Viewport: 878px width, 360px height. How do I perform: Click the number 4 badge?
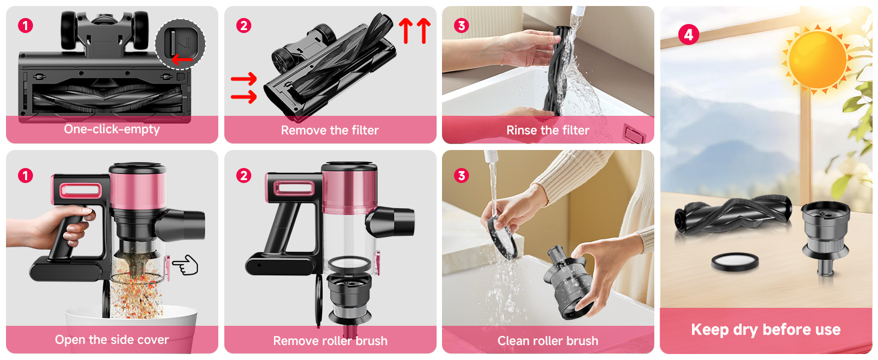tap(688, 35)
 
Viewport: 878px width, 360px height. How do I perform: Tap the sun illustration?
tap(817, 59)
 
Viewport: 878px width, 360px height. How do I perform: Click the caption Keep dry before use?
tap(765, 329)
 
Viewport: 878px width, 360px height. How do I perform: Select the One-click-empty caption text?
tap(112, 130)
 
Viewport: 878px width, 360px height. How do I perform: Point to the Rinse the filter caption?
tap(548, 130)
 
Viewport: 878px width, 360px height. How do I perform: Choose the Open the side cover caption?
tap(112, 340)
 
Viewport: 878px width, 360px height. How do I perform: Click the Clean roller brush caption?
tap(548, 341)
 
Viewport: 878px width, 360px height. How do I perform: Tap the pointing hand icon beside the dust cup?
tap(185, 265)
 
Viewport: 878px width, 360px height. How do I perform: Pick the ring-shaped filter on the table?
tap(735, 262)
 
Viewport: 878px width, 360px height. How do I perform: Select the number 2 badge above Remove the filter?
tap(243, 26)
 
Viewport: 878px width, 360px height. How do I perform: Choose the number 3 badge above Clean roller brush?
tap(461, 176)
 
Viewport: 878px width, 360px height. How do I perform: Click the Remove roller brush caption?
tap(330, 341)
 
